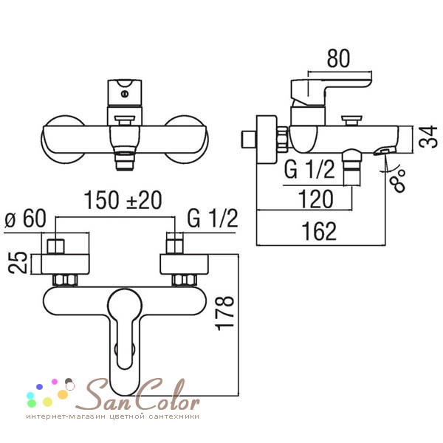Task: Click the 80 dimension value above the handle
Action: coord(338,58)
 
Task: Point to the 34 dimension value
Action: coord(428,137)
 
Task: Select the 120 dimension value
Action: coord(316,199)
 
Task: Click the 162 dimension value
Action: coord(319,231)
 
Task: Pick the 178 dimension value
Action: coord(225,313)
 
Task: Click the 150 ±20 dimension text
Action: coord(123,200)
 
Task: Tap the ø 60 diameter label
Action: coord(25,219)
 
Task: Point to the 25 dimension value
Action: coord(17,263)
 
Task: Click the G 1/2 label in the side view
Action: coord(309,169)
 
